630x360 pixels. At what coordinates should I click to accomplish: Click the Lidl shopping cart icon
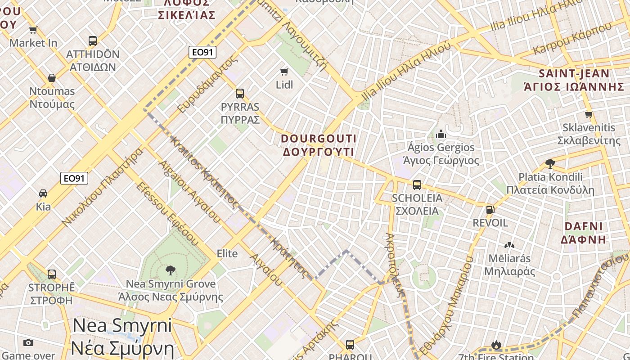click(x=284, y=72)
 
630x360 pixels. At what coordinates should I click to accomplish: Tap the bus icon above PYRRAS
click(x=240, y=94)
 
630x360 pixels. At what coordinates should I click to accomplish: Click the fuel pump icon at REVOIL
click(x=490, y=210)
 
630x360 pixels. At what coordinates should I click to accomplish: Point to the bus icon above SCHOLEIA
click(x=417, y=185)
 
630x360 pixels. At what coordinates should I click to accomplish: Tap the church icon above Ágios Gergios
click(x=441, y=134)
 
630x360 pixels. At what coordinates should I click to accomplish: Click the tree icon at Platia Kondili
click(x=550, y=163)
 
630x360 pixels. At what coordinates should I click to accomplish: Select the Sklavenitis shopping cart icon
click(x=589, y=114)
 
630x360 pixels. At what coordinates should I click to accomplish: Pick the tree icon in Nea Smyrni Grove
click(x=170, y=270)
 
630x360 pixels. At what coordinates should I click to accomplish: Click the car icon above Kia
click(x=43, y=193)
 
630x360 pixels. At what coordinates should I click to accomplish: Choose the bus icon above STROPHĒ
click(x=52, y=274)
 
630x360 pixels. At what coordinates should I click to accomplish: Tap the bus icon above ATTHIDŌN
click(x=93, y=41)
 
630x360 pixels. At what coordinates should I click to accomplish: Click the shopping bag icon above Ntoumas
click(x=52, y=78)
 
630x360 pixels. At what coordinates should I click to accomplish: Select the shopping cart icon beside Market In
click(x=33, y=30)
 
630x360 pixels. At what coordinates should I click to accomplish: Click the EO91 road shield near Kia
click(x=74, y=179)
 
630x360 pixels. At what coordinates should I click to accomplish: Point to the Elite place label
click(x=227, y=253)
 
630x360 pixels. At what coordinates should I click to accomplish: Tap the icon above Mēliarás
click(x=509, y=245)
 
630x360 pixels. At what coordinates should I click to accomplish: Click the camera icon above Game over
click(x=28, y=343)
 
